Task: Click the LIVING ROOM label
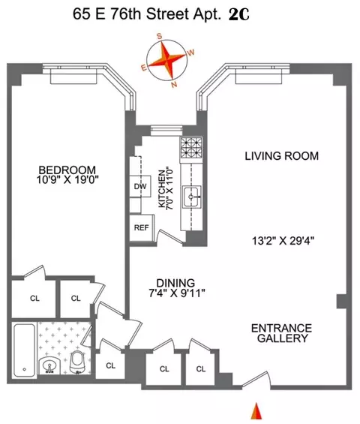pyautogui.click(x=281, y=156)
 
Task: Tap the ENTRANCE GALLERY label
pyautogui.click(x=280, y=333)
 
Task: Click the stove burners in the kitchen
pyautogui.click(x=187, y=146)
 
